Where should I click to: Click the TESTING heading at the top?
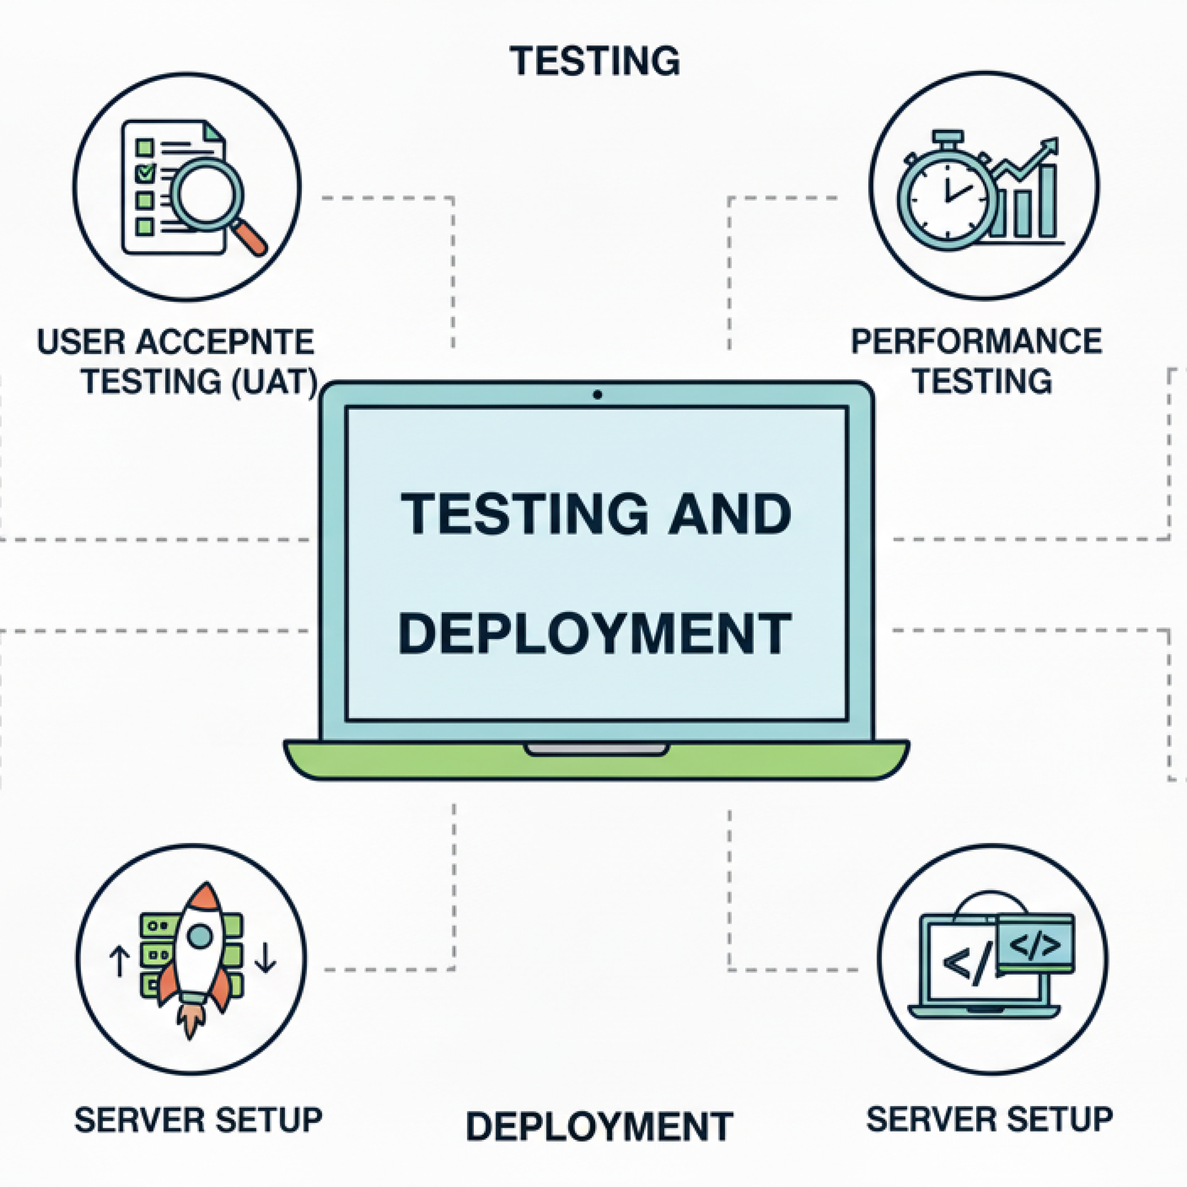595,61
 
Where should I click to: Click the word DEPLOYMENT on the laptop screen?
595,633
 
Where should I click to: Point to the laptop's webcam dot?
597,395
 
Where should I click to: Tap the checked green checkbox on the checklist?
145,173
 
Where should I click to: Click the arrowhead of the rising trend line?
1052,146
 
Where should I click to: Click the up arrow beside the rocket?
119,960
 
